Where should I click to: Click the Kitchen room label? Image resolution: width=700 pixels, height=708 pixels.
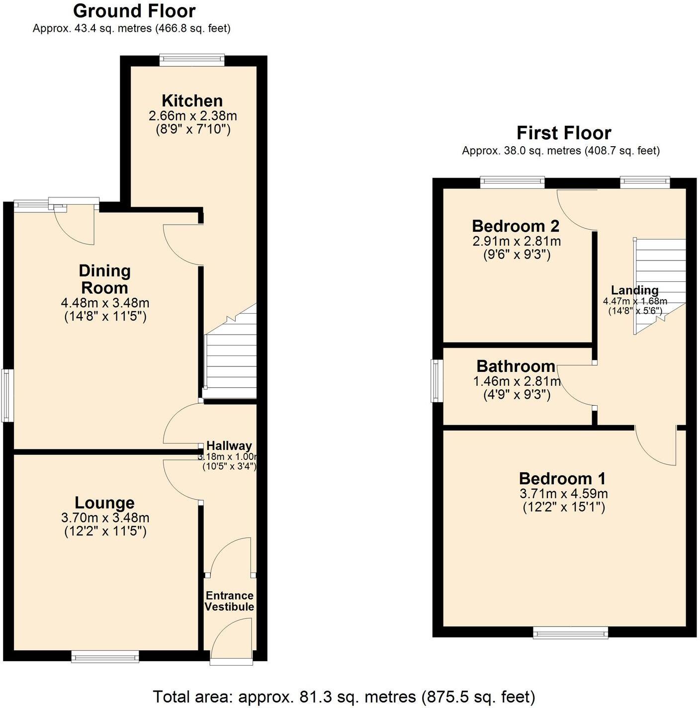click(x=192, y=101)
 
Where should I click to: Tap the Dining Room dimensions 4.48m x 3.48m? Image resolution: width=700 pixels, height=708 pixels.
click(x=105, y=303)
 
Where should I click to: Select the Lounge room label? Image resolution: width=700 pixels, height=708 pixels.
click(x=104, y=503)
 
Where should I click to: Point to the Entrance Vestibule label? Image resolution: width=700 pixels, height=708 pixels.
click(x=229, y=601)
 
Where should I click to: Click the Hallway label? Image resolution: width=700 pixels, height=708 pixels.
click(x=229, y=445)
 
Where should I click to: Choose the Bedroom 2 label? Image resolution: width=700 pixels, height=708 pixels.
click(x=516, y=226)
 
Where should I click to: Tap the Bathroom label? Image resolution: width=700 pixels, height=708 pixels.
click(x=516, y=366)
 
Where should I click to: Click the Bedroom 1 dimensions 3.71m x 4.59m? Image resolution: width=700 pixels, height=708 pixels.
click(x=563, y=494)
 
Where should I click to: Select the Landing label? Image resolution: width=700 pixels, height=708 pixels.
click(x=634, y=290)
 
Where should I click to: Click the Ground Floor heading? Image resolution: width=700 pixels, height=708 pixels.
click(x=134, y=10)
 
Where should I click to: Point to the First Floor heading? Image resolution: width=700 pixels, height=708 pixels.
click(x=563, y=133)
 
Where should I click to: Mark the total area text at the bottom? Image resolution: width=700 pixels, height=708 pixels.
click(x=344, y=697)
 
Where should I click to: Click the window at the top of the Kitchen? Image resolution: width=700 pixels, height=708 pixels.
click(x=192, y=60)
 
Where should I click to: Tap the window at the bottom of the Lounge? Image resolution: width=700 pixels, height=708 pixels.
click(x=105, y=657)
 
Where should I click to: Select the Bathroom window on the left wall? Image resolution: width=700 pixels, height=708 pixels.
click(x=437, y=381)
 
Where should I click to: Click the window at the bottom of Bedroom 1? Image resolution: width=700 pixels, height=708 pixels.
click(x=570, y=632)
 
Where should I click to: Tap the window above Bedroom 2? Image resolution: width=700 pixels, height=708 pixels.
click(x=513, y=182)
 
